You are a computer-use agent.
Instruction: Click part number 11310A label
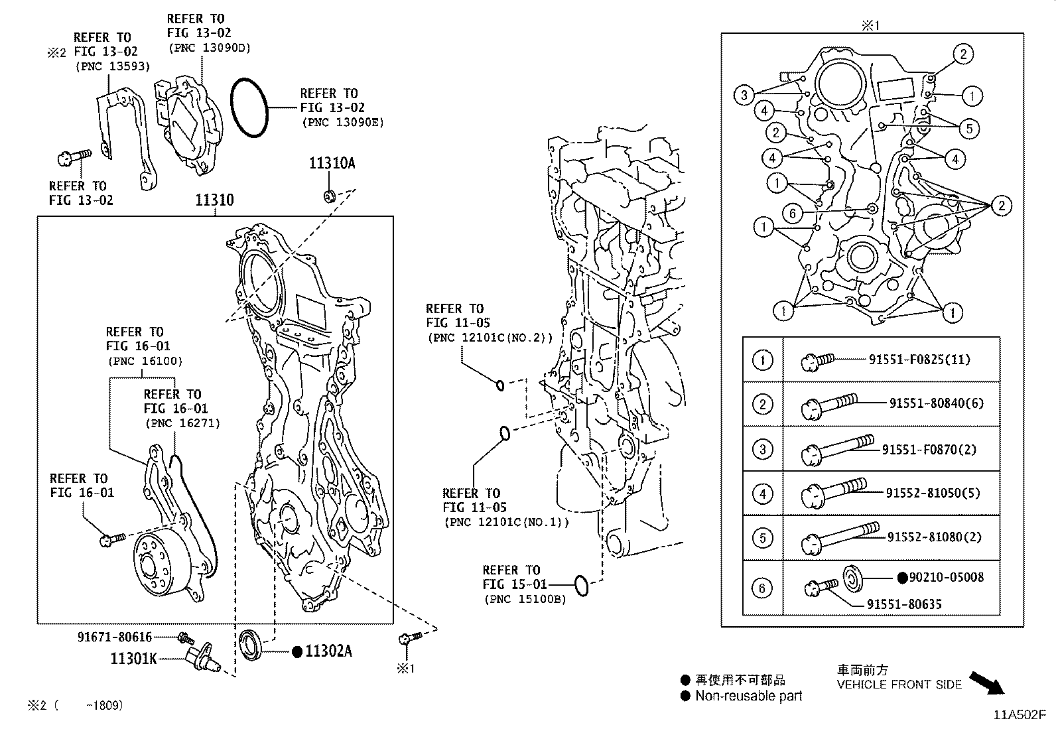[331, 163]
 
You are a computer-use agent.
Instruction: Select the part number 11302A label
[328, 651]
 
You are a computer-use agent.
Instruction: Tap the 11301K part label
[133, 659]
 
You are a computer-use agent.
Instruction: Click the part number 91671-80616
[114, 637]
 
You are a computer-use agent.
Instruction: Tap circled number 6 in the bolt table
[762, 588]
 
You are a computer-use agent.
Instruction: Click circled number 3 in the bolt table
[762, 449]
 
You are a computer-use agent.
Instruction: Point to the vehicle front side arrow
[987, 683]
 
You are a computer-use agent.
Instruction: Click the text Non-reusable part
[748, 696]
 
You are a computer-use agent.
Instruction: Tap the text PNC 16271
[182, 423]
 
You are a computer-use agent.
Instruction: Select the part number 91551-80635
[904, 604]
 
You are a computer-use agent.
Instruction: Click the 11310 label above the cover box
[214, 200]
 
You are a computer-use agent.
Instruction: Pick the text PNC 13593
[113, 66]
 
